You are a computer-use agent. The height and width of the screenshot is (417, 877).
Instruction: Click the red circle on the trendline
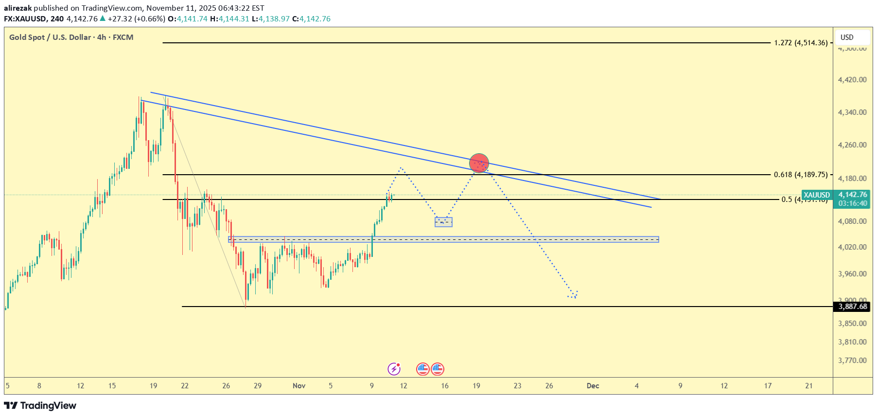point(479,163)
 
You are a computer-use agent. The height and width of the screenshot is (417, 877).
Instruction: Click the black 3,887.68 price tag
point(852,307)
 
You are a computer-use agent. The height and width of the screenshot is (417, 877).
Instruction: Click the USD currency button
point(847,37)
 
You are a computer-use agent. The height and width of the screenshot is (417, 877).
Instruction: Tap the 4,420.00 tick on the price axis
point(852,80)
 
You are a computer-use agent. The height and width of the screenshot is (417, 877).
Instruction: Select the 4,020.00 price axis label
point(852,247)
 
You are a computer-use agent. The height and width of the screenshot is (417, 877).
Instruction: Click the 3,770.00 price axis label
point(852,361)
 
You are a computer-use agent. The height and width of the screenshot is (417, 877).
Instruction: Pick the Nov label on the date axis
point(299,386)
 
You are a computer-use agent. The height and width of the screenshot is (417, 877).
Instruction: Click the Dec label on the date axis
point(593,386)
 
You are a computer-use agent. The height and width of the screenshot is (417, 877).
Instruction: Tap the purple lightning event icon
point(394,369)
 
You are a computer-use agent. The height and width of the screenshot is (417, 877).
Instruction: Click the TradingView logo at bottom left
point(40,406)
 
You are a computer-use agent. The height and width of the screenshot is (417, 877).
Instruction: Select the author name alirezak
point(18,8)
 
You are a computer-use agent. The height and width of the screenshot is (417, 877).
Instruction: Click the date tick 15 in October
point(112,386)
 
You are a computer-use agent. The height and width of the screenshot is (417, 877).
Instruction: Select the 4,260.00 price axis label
point(852,145)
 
